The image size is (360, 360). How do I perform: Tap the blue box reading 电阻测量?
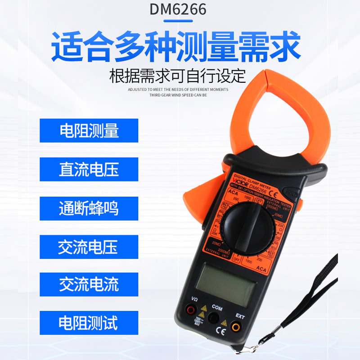pyautogui.click(x=89, y=130)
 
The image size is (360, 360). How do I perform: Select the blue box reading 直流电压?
pyautogui.click(x=89, y=169)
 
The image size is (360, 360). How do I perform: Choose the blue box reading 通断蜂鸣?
pyautogui.click(x=89, y=208)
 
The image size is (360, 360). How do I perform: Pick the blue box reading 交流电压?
pyautogui.click(x=89, y=247)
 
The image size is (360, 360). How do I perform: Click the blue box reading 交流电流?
pyautogui.click(x=89, y=284)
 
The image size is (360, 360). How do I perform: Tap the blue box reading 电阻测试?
pyautogui.click(x=89, y=323)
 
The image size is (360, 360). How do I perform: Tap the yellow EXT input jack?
pyautogui.click(x=236, y=327)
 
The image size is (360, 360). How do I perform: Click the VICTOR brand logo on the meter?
pyautogui.click(x=239, y=183)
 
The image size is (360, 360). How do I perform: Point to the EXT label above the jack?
pyautogui.click(x=240, y=316)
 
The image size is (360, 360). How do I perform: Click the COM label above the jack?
pyautogui.click(x=217, y=308)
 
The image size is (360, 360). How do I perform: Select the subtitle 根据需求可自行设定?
pyautogui.click(x=178, y=76)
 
